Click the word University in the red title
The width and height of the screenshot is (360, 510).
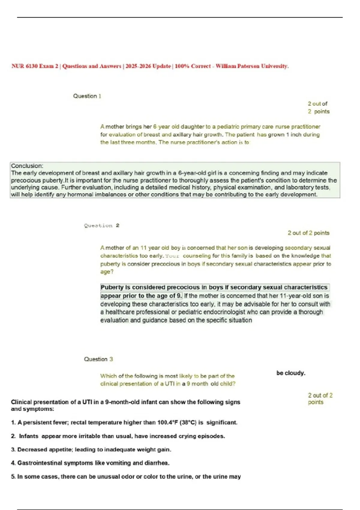274,66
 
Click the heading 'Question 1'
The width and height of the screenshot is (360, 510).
87,96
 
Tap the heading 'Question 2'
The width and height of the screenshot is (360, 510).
102,226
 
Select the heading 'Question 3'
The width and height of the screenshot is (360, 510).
98,359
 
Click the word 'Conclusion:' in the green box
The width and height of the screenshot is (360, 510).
27,166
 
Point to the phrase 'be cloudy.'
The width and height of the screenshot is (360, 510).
291,373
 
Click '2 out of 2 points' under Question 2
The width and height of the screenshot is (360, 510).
308,233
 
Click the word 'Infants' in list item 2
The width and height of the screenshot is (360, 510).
29,436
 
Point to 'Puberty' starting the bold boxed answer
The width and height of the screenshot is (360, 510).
112,287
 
